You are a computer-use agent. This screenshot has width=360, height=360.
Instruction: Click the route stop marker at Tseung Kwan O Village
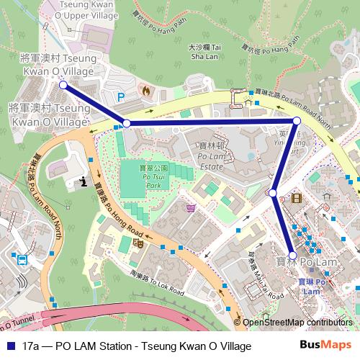63,85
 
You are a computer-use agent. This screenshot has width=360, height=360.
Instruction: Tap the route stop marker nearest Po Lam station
292,256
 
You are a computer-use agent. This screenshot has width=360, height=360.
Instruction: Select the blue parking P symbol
121,96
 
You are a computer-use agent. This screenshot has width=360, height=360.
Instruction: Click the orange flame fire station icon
147,91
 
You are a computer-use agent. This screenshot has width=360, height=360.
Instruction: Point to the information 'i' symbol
84,181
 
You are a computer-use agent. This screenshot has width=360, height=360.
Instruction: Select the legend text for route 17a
137,346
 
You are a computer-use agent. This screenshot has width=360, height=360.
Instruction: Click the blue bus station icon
22,259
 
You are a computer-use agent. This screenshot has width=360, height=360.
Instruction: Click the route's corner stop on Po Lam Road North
296,120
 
